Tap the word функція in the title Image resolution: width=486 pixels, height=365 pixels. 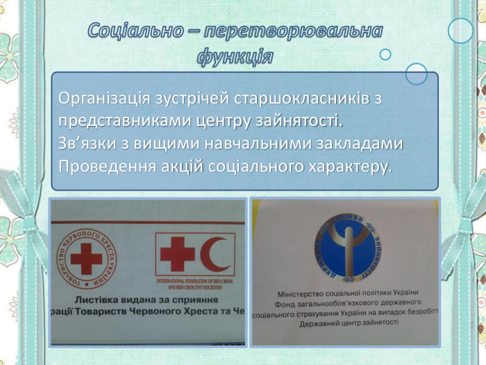234,56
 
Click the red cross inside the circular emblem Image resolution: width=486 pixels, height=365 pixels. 85,260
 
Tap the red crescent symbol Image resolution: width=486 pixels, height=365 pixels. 216,254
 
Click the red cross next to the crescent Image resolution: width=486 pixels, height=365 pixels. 177,254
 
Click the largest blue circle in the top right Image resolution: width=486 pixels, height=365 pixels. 460,31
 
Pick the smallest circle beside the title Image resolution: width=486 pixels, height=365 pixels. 385,54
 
